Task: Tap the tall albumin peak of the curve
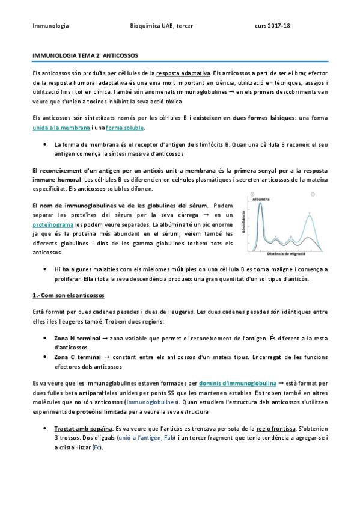click(x=260, y=207)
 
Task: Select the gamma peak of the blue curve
click(x=310, y=215)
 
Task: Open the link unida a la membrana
click(x=61, y=127)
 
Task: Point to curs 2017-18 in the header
click(x=272, y=26)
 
